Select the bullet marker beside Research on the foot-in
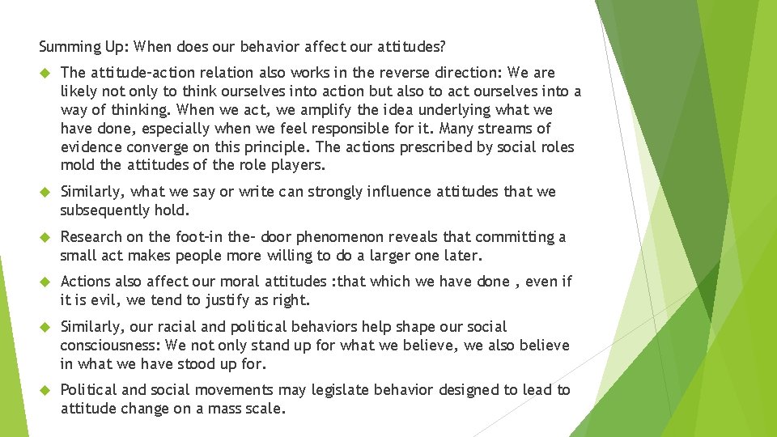point(46,237)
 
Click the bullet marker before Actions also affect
point(46,282)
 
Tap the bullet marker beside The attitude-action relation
point(46,73)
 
